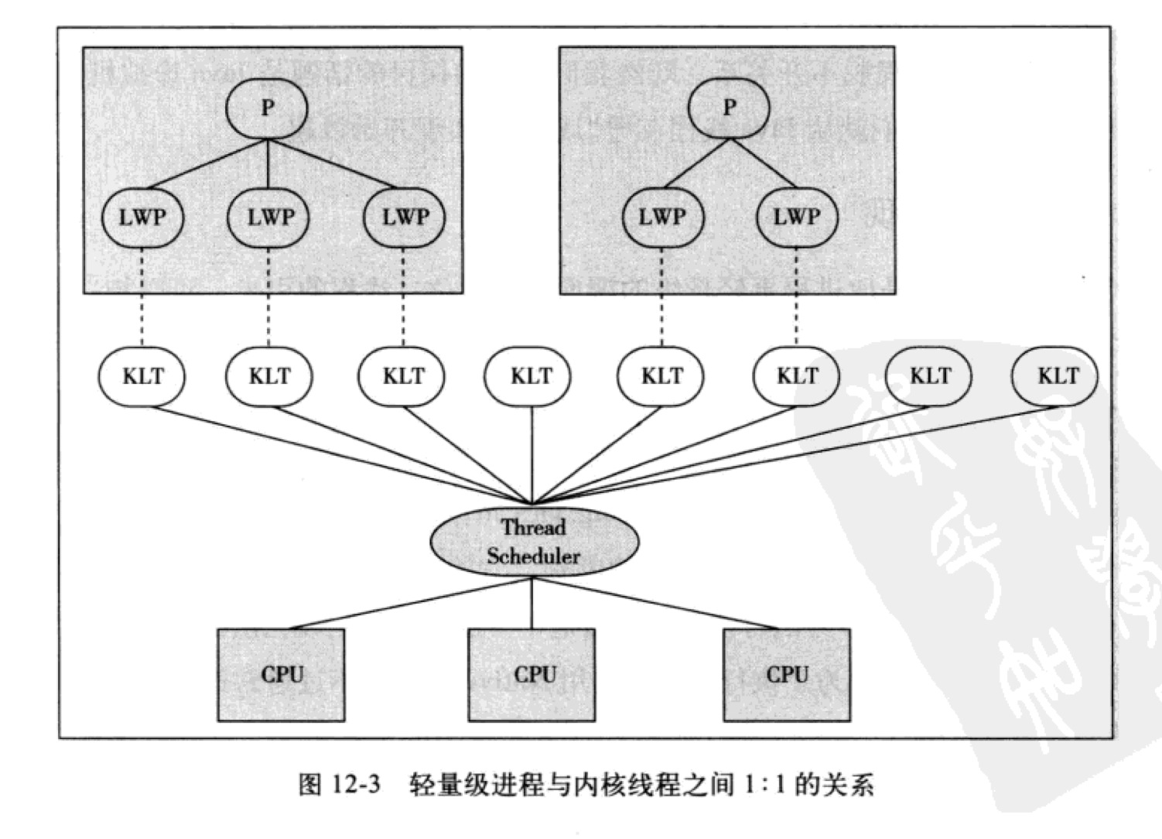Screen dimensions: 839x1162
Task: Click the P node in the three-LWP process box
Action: pos(267,108)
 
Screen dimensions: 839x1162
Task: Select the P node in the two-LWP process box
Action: pos(729,108)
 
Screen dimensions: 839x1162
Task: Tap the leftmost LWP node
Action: pos(142,217)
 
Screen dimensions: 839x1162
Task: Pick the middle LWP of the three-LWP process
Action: pos(268,217)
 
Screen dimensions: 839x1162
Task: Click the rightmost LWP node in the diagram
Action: pos(797,217)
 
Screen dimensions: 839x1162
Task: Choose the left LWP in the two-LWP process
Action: pos(662,217)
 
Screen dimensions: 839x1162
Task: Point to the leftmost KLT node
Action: pos(142,377)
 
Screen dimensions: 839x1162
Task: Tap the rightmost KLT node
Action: pos(1056,377)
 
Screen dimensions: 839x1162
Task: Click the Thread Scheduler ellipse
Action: pos(534,542)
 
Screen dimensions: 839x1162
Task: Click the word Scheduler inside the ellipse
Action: pos(534,556)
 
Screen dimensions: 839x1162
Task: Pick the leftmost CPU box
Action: pos(282,675)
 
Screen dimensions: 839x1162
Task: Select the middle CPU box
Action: pos(532,675)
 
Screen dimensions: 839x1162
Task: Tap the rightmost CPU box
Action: pos(787,675)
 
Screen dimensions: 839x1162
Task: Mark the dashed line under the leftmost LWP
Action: pos(142,298)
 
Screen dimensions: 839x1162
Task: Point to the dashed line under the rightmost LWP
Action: pos(797,298)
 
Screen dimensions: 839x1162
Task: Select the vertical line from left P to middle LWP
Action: pos(268,163)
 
